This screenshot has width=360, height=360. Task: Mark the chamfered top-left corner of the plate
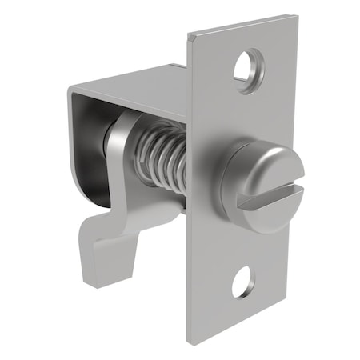click(x=190, y=36)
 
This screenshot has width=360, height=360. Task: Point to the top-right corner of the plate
click(x=296, y=16)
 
